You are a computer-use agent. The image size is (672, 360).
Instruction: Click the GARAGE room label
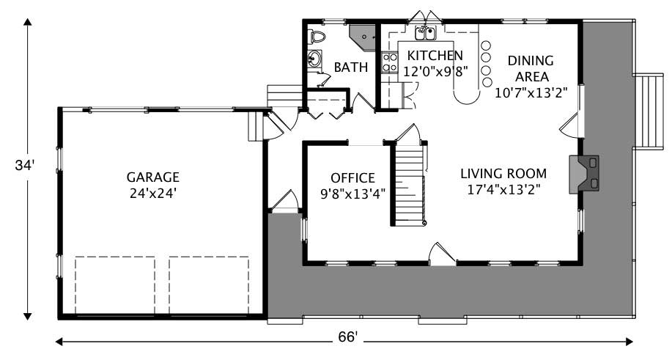pyautogui.click(x=152, y=177)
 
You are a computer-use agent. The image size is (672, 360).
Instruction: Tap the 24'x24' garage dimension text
pyautogui.click(x=152, y=194)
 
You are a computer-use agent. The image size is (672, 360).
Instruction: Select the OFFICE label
pyautogui.click(x=352, y=177)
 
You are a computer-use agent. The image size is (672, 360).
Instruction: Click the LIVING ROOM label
pyautogui.click(x=503, y=174)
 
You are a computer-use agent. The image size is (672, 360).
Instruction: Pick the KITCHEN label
pyautogui.click(x=435, y=56)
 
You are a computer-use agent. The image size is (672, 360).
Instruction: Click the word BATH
pyautogui.click(x=351, y=67)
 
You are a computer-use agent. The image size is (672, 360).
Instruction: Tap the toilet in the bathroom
pyautogui.click(x=317, y=36)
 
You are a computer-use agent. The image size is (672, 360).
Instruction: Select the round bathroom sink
pyautogui.click(x=314, y=59)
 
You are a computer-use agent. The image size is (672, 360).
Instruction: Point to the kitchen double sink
pyautogui.click(x=426, y=32)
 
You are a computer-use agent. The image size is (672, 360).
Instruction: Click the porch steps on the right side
pyautogui.click(x=648, y=110)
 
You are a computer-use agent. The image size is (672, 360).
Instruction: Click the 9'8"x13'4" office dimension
pyautogui.click(x=352, y=194)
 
